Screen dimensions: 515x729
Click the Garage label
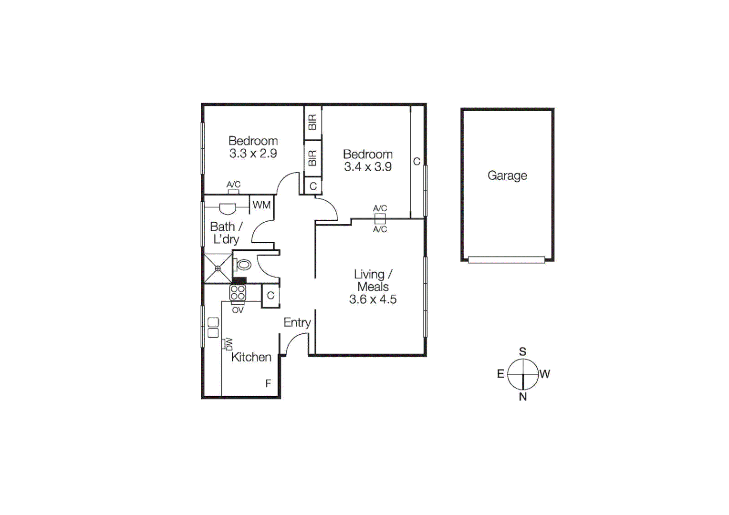507,175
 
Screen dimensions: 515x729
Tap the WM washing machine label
261,205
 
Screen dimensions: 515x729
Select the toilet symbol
243,265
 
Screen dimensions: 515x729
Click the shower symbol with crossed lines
218,268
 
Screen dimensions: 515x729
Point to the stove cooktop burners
238,292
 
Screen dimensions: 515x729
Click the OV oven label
238,310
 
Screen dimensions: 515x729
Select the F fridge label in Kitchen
268,383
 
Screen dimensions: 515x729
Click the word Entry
297,323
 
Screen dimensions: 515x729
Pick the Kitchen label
251,357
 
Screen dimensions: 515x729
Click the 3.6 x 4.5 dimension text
373,299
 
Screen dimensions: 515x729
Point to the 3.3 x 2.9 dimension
253,154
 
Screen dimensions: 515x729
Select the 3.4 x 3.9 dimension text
368,167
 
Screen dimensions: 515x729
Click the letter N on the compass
523,397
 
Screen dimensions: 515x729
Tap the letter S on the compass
523,352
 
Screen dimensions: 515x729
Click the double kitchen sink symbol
213,328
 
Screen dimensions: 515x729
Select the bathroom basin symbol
227,208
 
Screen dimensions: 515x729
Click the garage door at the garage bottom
506,260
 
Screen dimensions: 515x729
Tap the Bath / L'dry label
226,233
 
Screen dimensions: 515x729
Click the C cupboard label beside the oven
271,296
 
